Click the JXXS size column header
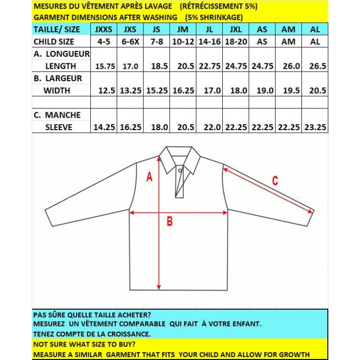[104, 29]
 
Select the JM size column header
[182, 29]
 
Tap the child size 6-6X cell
[130, 41]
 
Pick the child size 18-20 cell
[236, 41]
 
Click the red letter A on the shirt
[149, 177]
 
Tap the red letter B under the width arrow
[169, 221]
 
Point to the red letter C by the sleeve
[275, 181]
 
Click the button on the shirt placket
[180, 170]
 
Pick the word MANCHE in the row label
[63, 115]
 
